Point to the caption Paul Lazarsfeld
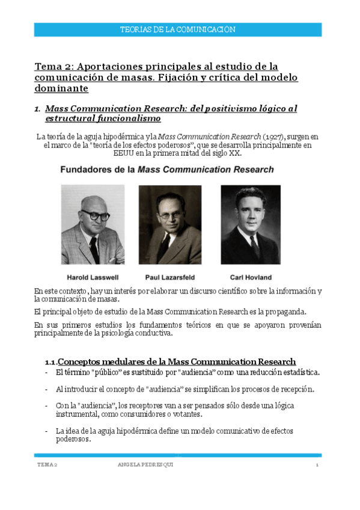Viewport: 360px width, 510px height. click(x=171, y=277)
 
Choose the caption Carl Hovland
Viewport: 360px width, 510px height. click(x=251, y=277)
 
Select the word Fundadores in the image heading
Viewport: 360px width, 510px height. click(x=88, y=170)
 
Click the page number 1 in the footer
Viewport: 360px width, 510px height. click(x=317, y=466)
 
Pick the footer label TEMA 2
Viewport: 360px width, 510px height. click(x=47, y=466)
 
